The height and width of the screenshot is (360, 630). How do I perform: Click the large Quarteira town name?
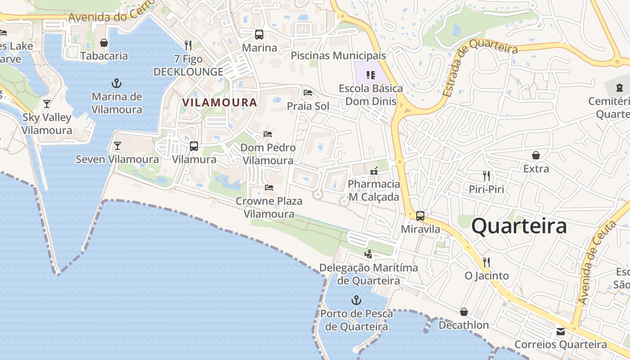(519, 226)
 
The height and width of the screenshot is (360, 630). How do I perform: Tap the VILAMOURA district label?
(220, 103)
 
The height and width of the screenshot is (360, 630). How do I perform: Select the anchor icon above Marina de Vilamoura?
(117, 83)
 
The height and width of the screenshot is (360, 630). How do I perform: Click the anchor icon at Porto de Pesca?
(356, 300)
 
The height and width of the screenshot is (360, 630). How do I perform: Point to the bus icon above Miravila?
(420, 216)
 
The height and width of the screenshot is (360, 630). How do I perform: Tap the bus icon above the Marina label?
(259, 34)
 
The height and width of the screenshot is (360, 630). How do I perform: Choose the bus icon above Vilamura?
(194, 146)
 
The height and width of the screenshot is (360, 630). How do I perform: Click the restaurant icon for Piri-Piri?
(486, 175)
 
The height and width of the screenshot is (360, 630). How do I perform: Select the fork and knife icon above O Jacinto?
(486, 262)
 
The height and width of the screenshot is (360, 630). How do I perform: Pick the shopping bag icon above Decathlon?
(464, 312)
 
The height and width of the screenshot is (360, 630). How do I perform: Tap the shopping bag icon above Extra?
(536, 155)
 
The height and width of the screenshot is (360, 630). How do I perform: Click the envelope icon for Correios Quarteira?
(561, 332)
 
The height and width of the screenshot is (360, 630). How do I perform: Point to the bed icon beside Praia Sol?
(308, 93)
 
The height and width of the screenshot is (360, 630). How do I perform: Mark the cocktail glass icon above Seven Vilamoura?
(117, 146)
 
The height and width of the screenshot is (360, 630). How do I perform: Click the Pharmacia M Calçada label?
(374, 190)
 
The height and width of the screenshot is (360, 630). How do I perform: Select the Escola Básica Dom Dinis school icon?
(371, 75)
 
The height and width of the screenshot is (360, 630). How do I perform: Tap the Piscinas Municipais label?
(338, 56)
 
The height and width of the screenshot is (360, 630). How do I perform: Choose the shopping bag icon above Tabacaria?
(104, 43)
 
